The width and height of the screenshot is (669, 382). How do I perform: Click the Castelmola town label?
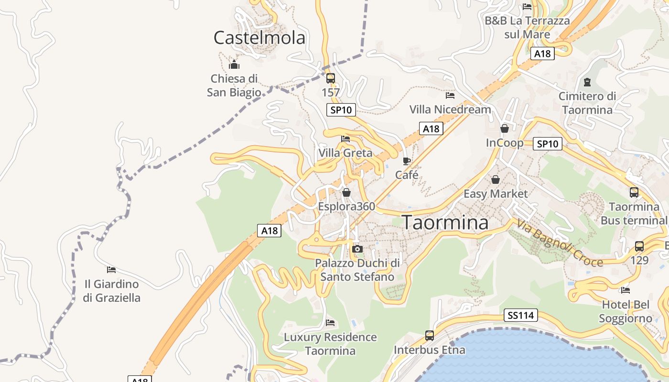[x=259, y=37]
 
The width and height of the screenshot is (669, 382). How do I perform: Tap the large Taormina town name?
[x=445, y=223]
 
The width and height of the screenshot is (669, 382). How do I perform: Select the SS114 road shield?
[x=521, y=315]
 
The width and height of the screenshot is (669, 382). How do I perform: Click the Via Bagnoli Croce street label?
[x=559, y=243]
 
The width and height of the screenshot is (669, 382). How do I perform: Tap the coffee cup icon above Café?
[x=407, y=161]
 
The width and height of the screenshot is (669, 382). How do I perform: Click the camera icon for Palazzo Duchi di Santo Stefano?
[x=357, y=249]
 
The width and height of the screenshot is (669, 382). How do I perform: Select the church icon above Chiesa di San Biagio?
[x=234, y=64]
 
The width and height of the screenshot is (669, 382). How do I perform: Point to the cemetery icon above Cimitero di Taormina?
[x=587, y=82]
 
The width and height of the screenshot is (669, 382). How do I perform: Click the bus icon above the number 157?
[x=331, y=78]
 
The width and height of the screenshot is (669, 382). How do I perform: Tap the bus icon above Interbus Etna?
[x=430, y=336]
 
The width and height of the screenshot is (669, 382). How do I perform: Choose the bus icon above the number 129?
[x=639, y=246]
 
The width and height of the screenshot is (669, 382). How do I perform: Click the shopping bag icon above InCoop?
[x=505, y=128]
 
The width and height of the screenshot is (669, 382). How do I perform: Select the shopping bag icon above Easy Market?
[x=496, y=180]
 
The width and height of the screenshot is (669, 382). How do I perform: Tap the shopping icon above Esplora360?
[x=346, y=192]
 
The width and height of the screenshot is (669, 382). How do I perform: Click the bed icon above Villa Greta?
[x=345, y=139]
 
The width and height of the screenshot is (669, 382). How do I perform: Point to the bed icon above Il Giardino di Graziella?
[x=111, y=270]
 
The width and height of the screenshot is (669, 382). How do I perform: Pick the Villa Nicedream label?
[x=450, y=109]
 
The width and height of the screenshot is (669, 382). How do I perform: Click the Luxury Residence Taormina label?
[x=330, y=344]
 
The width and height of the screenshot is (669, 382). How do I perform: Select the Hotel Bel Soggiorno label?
[x=626, y=311]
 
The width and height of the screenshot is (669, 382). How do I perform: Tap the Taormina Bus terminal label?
[x=634, y=213]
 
